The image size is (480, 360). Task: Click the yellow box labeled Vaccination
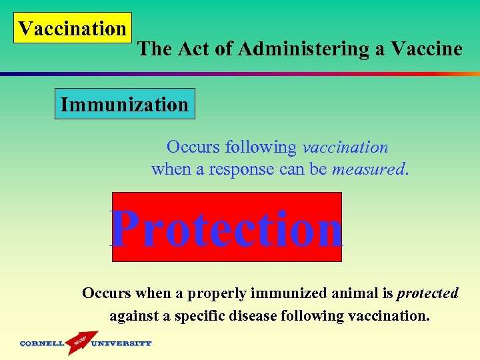72,29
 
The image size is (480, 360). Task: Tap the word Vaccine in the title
427,49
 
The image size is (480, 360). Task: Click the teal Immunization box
125,105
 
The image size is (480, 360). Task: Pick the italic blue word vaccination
345,147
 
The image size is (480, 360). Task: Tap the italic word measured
369,169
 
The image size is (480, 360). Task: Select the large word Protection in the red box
227,228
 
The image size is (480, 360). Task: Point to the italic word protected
427,293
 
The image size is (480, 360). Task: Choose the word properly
222,293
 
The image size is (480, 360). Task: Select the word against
133,315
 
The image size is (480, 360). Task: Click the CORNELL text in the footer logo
42,344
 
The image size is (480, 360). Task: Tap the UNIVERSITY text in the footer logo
121,344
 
